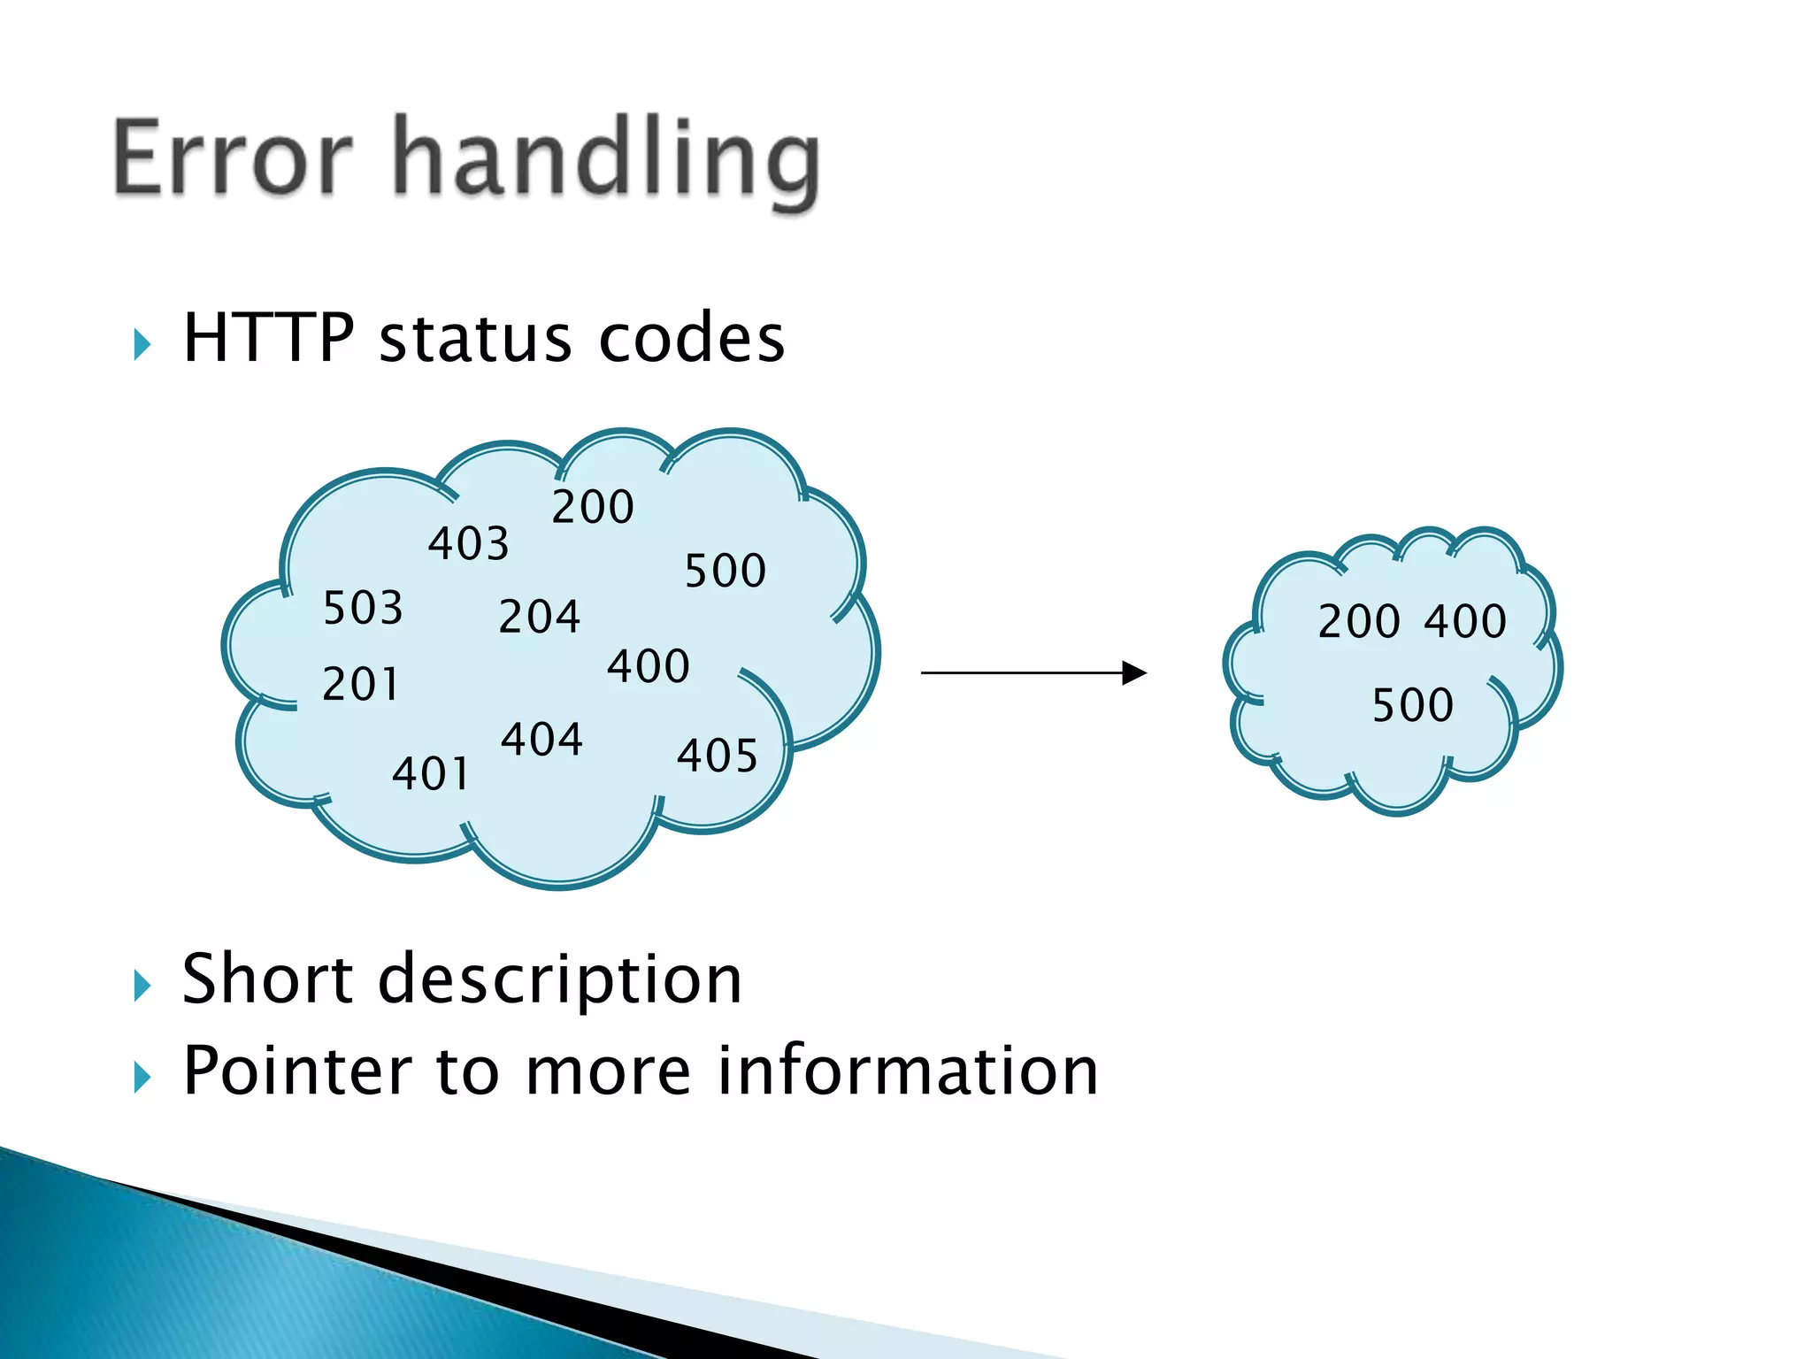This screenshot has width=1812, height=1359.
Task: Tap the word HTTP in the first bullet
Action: click(x=269, y=338)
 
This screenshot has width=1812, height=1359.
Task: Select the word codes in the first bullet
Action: click(x=691, y=340)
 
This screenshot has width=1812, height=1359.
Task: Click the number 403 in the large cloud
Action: click(x=469, y=543)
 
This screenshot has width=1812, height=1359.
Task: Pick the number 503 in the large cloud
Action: click(x=364, y=608)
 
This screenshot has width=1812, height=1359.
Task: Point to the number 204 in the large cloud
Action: click(x=540, y=617)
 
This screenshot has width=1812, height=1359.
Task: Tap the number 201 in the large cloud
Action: click(x=361, y=684)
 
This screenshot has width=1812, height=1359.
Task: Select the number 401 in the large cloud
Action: click(x=431, y=773)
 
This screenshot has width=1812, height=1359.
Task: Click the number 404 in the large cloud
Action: click(x=542, y=739)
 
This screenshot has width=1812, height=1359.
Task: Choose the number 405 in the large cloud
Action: click(x=718, y=756)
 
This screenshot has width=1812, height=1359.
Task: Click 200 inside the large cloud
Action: click(x=593, y=507)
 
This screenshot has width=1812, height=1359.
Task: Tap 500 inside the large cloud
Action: click(x=726, y=571)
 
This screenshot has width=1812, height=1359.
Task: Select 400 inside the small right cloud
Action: click(x=1465, y=621)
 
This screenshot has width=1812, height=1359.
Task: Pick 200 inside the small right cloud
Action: click(x=1359, y=621)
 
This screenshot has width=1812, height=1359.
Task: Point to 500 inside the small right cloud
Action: click(x=1413, y=705)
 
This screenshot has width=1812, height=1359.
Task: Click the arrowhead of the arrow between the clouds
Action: click(x=1134, y=673)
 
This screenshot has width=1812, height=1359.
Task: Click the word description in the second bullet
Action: click(x=560, y=979)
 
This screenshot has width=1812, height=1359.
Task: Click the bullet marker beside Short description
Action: click(x=142, y=986)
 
